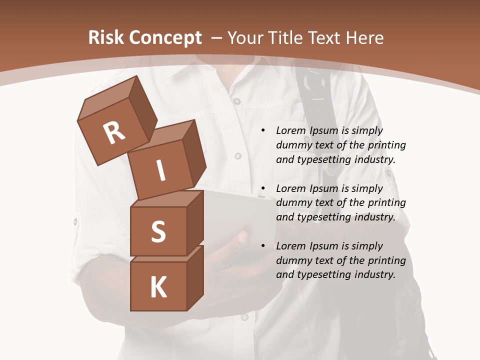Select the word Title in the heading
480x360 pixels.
pos(284,38)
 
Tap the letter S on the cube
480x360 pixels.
pos(158,232)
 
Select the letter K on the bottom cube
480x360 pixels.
pos(158,287)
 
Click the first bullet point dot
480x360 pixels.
pos(262,131)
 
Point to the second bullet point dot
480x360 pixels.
pos(262,189)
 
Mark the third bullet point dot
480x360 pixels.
pos(262,246)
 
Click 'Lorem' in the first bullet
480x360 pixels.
pos(290,131)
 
